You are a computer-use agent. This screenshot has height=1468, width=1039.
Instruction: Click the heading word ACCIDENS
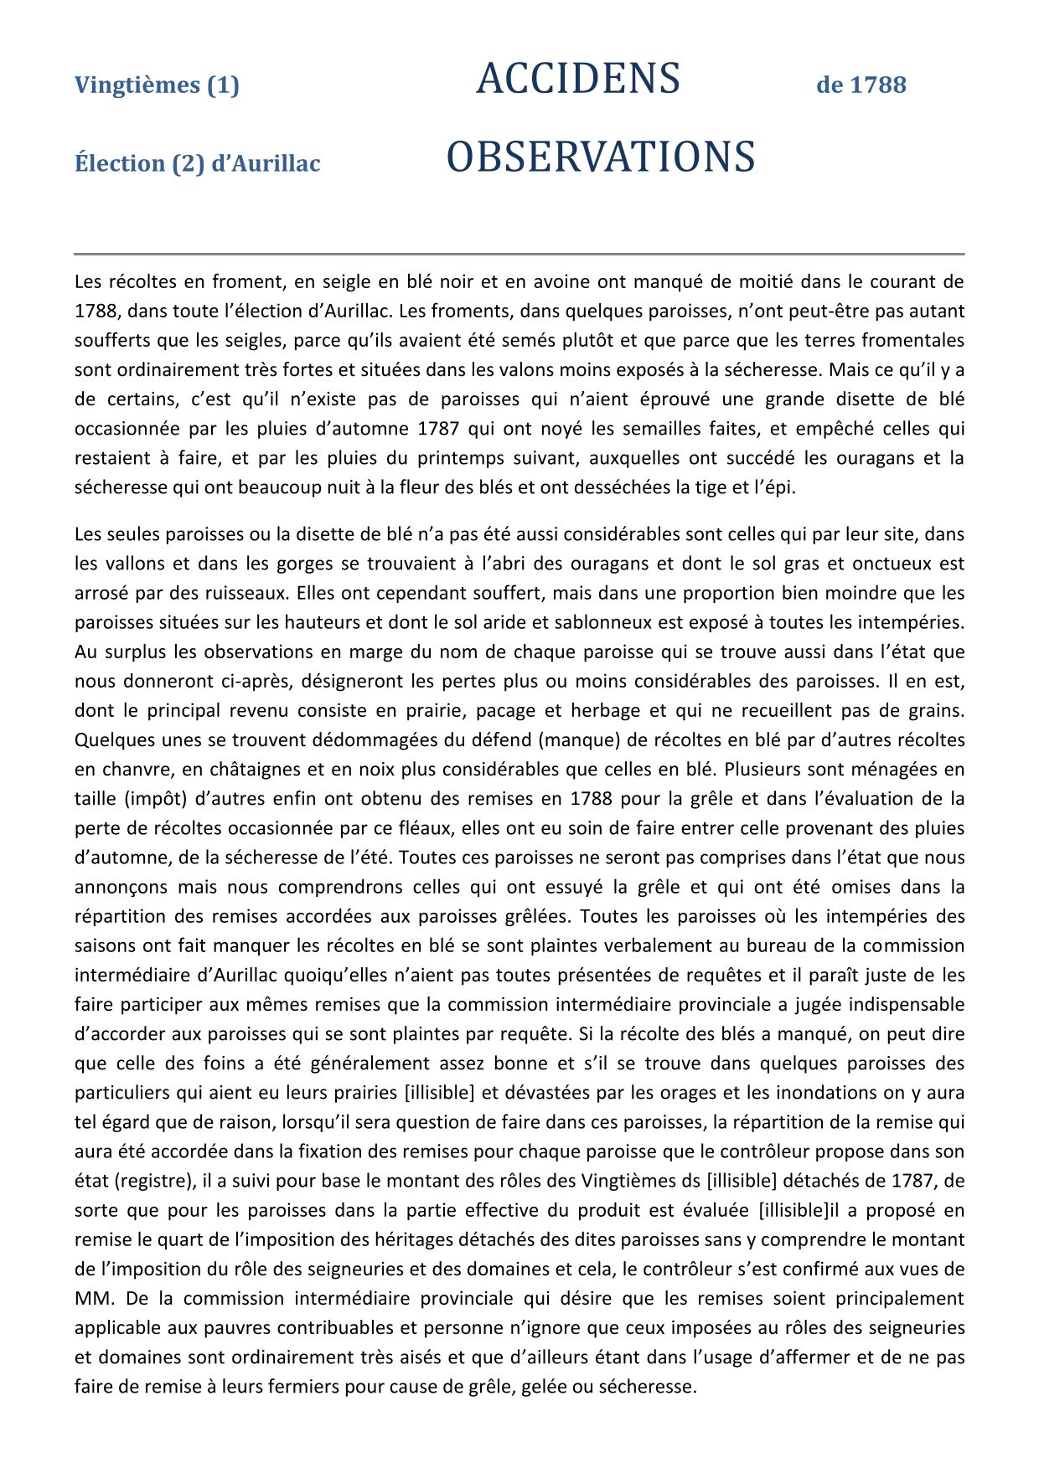click(x=577, y=80)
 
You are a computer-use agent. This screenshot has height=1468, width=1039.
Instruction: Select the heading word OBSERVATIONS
click(x=600, y=157)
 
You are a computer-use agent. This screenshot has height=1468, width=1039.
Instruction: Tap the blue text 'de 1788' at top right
click(x=861, y=85)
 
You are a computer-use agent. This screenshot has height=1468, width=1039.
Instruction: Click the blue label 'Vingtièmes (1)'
click(x=157, y=85)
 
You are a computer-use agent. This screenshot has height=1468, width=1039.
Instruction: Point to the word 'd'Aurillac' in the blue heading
click(x=266, y=162)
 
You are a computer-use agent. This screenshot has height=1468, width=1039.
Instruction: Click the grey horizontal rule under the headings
click(x=519, y=253)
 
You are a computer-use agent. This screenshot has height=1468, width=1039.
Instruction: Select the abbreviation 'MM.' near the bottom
click(x=92, y=1299)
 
